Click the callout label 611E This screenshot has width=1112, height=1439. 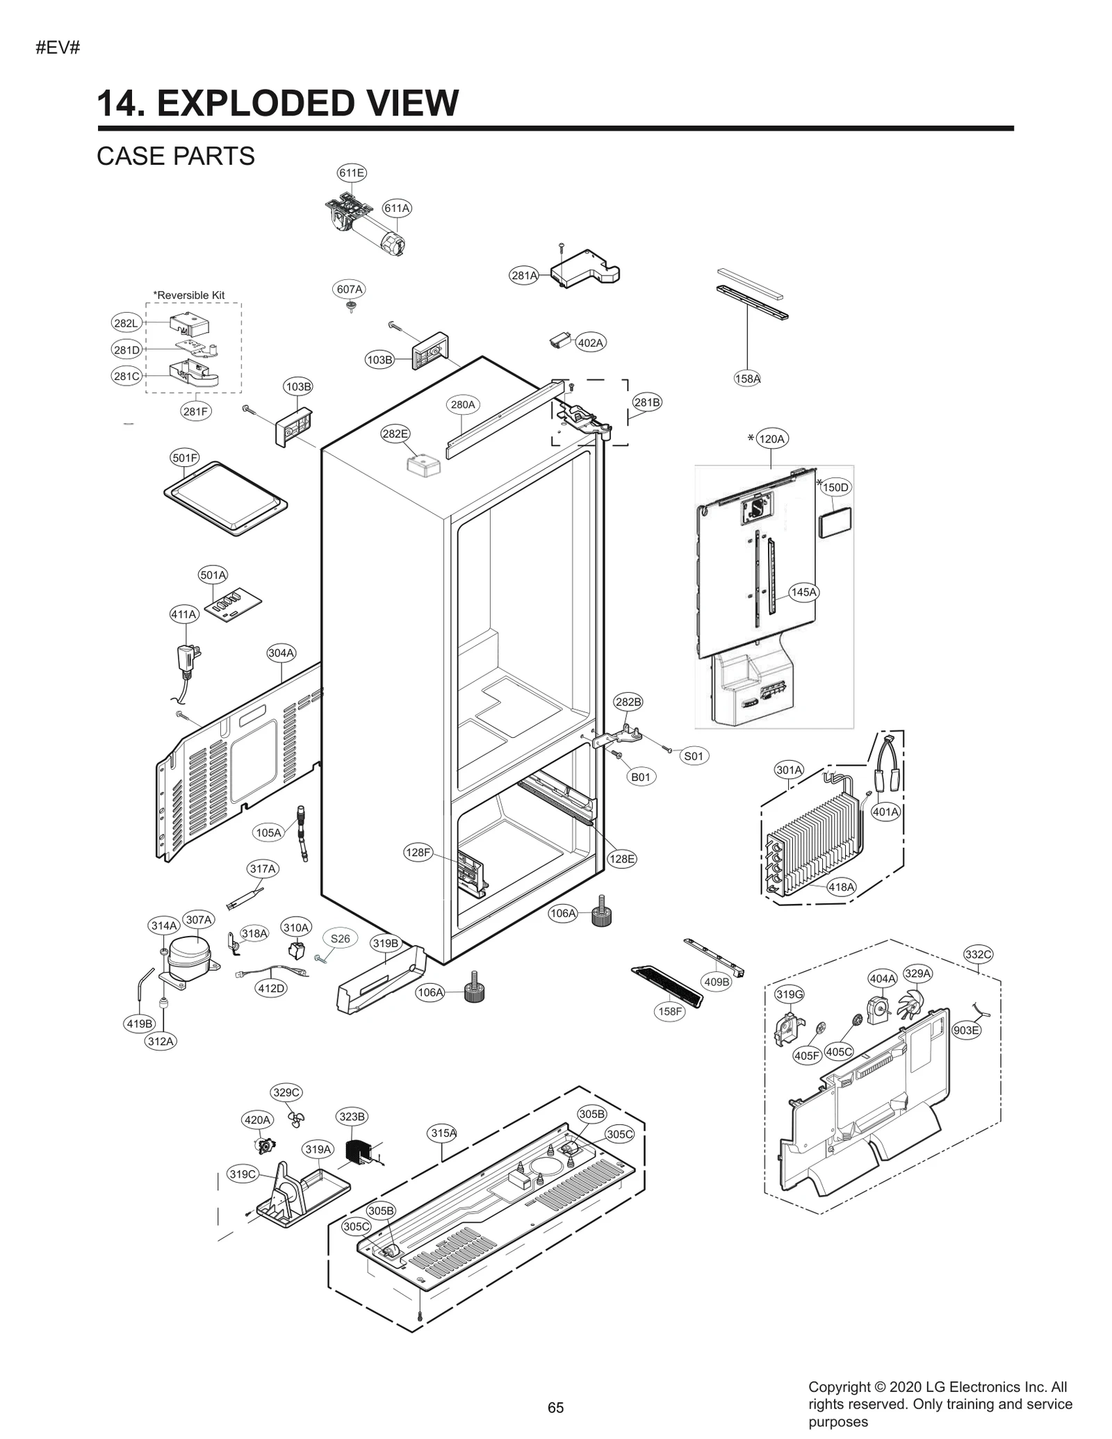pyautogui.click(x=352, y=172)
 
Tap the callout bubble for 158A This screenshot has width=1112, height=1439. pyautogui.click(x=747, y=379)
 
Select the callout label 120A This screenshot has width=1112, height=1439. pyautogui.click(x=771, y=439)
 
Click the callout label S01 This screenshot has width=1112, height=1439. pyautogui.click(x=694, y=756)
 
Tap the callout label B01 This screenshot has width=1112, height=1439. pyautogui.click(x=640, y=777)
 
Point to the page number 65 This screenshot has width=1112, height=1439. pyautogui.click(x=555, y=1408)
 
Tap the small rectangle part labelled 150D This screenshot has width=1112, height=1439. pyautogui.click(x=835, y=522)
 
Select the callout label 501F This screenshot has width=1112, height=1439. pyautogui.click(x=185, y=458)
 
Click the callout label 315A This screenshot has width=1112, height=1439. pyautogui.click(x=443, y=1133)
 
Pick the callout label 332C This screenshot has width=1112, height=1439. pyautogui.click(x=978, y=955)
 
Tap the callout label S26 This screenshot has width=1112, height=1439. pyautogui.click(x=340, y=939)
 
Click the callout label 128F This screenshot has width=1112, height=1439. pyautogui.click(x=418, y=852)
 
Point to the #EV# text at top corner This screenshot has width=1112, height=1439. pyautogui.click(x=58, y=48)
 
